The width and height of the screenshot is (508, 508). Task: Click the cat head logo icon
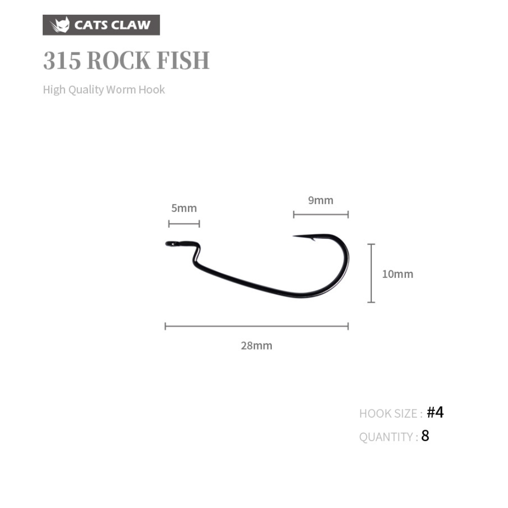click(60, 24)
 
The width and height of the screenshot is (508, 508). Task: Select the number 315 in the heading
click(62, 60)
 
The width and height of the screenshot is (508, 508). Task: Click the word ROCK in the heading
click(118, 60)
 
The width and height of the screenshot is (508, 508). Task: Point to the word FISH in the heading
click(183, 60)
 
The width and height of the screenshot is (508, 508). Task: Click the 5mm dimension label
click(184, 208)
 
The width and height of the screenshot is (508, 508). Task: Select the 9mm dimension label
click(321, 200)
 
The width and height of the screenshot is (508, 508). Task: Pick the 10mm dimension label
click(398, 274)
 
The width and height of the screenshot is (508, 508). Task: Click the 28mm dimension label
click(257, 345)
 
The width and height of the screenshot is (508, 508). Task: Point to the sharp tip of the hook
click(294, 236)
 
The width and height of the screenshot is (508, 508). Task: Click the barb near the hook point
click(312, 239)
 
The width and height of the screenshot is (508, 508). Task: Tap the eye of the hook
click(172, 244)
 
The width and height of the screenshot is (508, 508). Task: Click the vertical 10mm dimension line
click(371, 273)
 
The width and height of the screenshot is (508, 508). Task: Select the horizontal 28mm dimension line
click(257, 326)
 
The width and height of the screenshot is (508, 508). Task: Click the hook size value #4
click(435, 412)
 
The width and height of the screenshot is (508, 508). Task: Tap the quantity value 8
click(425, 436)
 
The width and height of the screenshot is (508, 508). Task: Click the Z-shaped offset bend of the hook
click(196, 255)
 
